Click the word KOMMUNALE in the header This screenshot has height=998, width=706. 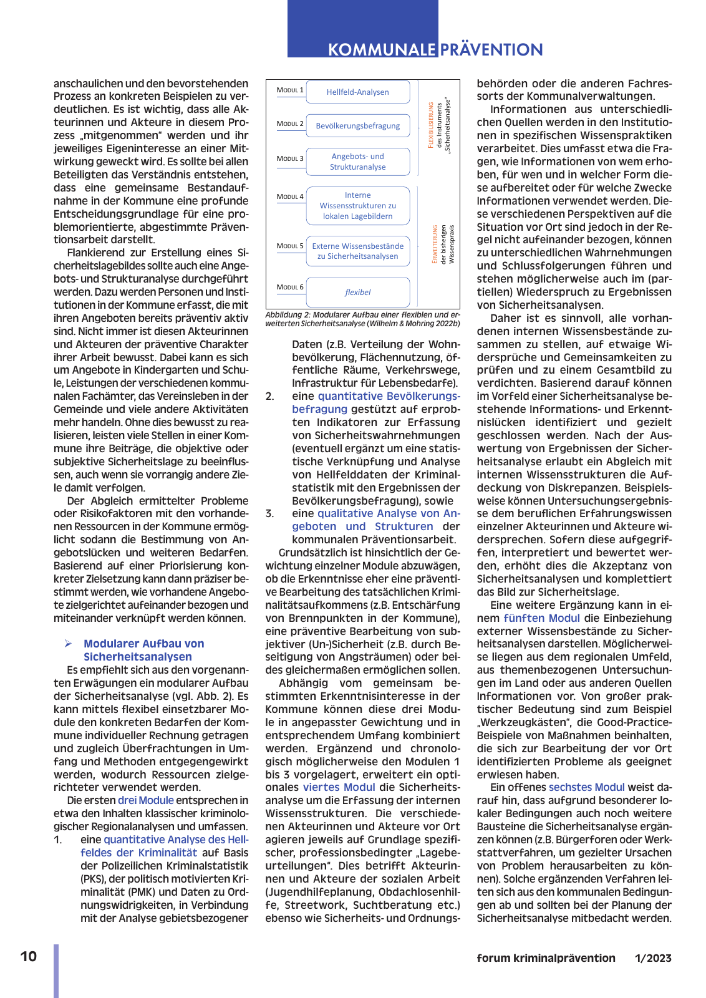point(382,50)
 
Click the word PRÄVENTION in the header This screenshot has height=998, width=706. point(491,50)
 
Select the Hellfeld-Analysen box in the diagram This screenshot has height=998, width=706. point(357,92)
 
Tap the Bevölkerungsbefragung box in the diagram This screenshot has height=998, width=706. point(357,125)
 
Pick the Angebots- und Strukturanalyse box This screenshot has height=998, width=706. point(357,162)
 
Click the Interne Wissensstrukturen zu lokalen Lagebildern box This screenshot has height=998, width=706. point(357,206)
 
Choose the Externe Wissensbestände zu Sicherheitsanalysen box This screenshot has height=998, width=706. point(357,251)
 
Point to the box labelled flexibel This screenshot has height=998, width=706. point(357,292)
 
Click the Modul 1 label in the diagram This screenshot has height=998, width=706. point(290,90)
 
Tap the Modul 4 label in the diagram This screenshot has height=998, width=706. point(290,197)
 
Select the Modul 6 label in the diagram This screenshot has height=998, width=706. point(290,288)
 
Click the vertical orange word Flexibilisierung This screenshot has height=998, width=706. point(430,125)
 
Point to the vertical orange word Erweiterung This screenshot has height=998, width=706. point(435,245)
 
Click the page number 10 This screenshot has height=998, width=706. point(29,957)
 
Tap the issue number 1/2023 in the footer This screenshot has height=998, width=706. point(653,958)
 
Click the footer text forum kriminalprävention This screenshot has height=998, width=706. point(546,958)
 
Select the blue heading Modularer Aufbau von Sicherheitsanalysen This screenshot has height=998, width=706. point(143,650)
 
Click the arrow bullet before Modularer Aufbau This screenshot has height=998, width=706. point(69,644)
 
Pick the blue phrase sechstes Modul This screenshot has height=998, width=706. point(586,788)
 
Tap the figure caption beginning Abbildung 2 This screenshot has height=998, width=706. point(362,319)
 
